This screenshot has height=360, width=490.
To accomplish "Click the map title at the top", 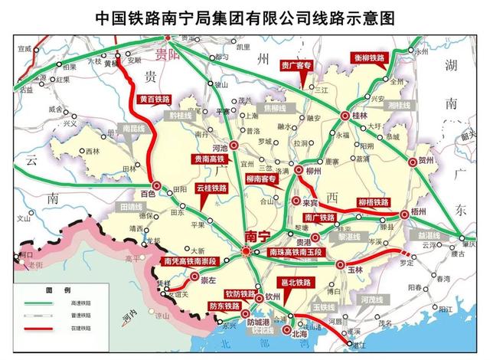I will [x=244, y=16].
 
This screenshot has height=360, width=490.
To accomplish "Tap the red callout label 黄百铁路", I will [x=155, y=100].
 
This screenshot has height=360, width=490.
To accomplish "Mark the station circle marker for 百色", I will [x=155, y=186].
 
